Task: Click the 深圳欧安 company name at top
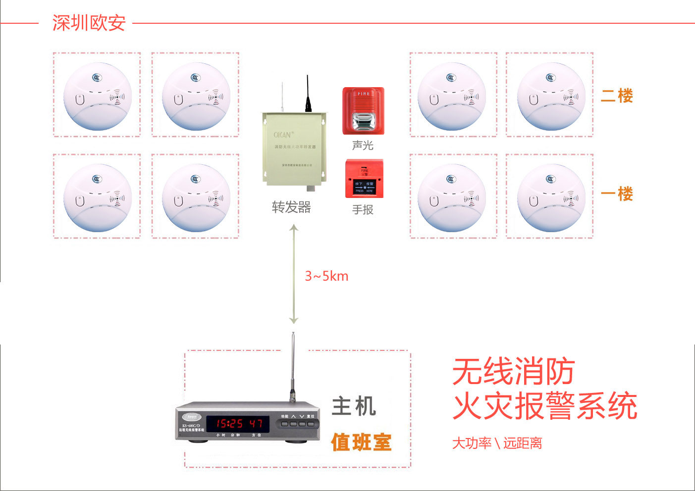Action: [x=89, y=23]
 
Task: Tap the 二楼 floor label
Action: [x=617, y=96]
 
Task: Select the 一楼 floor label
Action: [x=617, y=194]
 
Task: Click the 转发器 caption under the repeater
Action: [x=291, y=207]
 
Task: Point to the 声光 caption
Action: [x=363, y=146]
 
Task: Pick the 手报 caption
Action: [x=363, y=210]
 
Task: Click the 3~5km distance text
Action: [x=326, y=276]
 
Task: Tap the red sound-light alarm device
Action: [x=363, y=111]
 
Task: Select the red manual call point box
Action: [x=364, y=178]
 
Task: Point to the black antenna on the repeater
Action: [x=308, y=94]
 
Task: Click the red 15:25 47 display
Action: [x=237, y=424]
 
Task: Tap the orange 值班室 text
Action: [x=361, y=442]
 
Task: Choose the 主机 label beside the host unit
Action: [x=354, y=407]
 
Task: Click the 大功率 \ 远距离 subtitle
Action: [x=497, y=443]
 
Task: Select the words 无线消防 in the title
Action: [x=513, y=371]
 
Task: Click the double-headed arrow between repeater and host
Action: [x=294, y=275]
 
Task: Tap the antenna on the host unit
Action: [x=293, y=366]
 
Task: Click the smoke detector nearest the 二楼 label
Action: [x=551, y=96]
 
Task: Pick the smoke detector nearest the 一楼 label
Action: [x=551, y=197]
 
